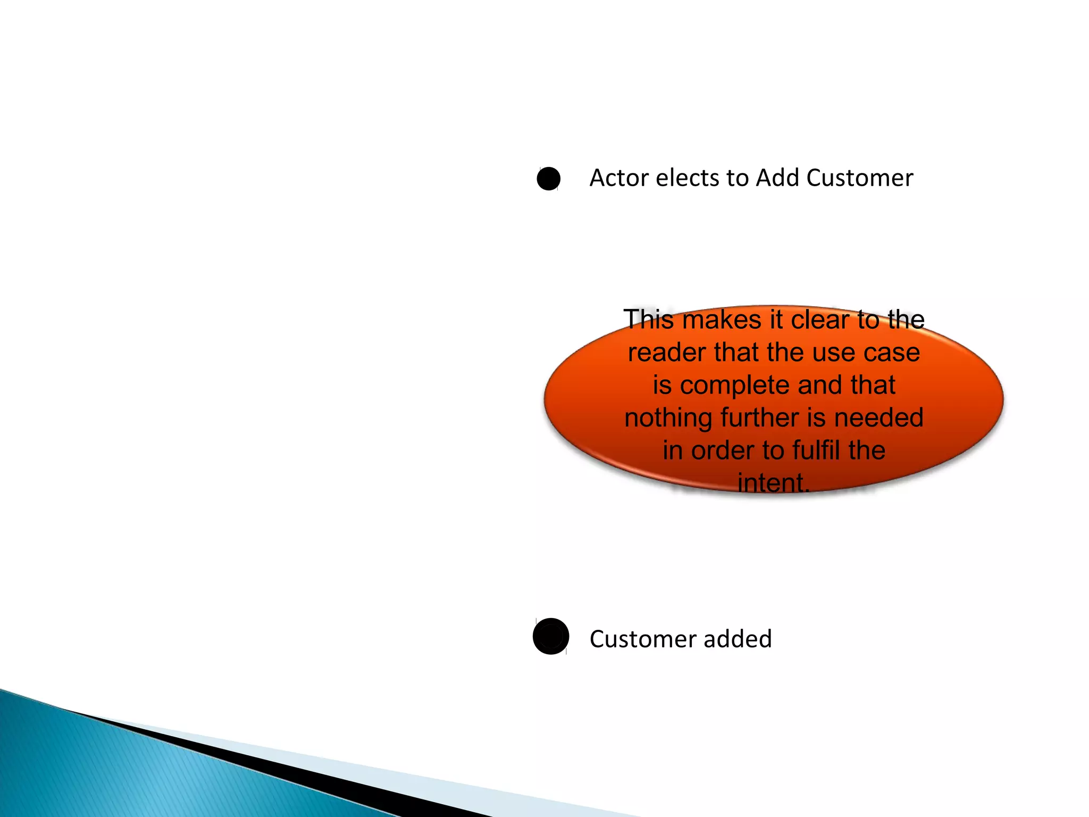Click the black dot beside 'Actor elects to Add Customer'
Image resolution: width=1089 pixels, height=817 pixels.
pyautogui.click(x=548, y=179)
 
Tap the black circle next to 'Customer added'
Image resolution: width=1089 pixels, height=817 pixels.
pyautogui.click(x=551, y=636)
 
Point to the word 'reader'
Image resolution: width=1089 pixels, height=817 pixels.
pyautogui.click(x=667, y=353)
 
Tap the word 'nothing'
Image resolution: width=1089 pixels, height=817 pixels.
pyautogui.click(x=669, y=418)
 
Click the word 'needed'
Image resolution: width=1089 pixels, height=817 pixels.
pyautogui.click(x=878, y=418)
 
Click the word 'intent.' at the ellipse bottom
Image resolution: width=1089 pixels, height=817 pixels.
pyautogui.click(x=774, y=483)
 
